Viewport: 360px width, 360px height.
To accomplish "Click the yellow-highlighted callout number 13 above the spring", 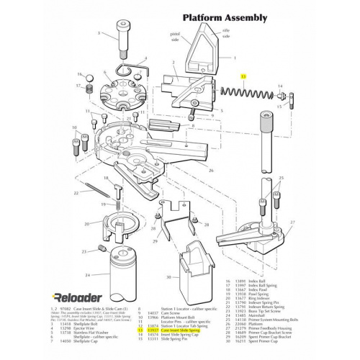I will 243,76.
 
